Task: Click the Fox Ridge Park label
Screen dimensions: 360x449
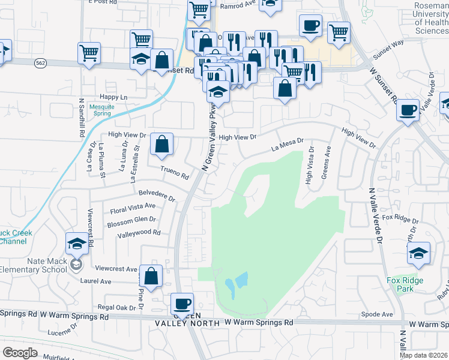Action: pos(405,284)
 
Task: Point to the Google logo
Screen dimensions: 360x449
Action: pos(20,352)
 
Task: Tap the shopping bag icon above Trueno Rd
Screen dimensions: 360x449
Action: pos(161,144)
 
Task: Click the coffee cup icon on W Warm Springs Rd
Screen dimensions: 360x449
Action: pos(182,304)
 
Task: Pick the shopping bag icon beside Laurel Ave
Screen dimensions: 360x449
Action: pos(151,277)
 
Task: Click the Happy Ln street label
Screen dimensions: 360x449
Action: pos(114,97)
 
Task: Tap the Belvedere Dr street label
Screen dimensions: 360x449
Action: pos(156,196)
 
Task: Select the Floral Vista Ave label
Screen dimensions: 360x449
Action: pos(133,208)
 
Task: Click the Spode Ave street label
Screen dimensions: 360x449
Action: pos(377,314)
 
